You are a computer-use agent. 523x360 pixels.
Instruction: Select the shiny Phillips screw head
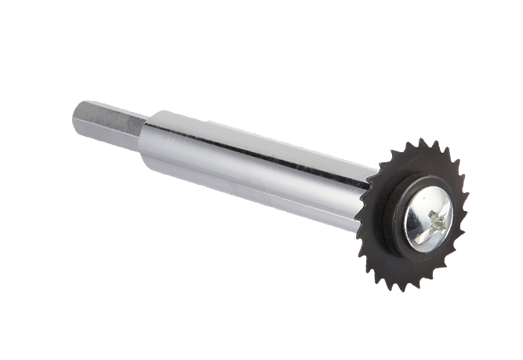tap(427, 219)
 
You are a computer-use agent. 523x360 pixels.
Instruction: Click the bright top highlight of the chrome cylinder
tap(251, 133)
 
